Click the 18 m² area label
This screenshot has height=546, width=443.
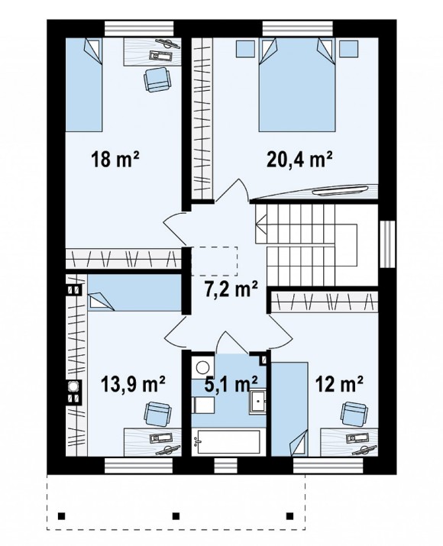115,159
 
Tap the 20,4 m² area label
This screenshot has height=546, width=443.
299,159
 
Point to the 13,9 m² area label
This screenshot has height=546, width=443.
133,384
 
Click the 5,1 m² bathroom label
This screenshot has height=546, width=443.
231,384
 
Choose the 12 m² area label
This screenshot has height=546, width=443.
339,384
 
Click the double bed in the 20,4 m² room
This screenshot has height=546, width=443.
297,85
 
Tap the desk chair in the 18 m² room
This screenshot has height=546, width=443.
157,79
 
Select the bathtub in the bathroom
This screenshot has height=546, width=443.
226,442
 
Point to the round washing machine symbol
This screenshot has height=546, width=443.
202,367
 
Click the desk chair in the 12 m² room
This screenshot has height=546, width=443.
354,413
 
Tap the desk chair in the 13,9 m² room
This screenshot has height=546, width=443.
158,413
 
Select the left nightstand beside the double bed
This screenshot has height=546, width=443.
245,49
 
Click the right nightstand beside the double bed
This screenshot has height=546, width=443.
349,49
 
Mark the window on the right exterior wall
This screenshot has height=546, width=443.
388,244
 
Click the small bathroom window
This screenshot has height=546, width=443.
225,466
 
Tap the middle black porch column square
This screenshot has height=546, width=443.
176,515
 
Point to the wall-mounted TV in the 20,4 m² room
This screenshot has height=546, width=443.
340,190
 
